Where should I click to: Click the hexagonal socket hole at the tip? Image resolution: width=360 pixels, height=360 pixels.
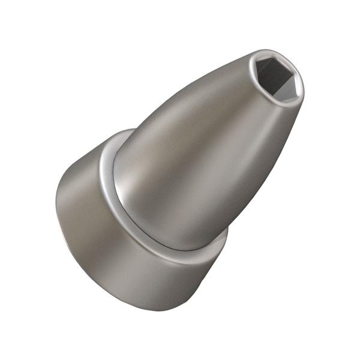pos(275,78)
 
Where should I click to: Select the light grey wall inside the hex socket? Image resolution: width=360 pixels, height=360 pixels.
pos(284,88)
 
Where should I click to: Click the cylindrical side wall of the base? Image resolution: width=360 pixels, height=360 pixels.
pos(120,264)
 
